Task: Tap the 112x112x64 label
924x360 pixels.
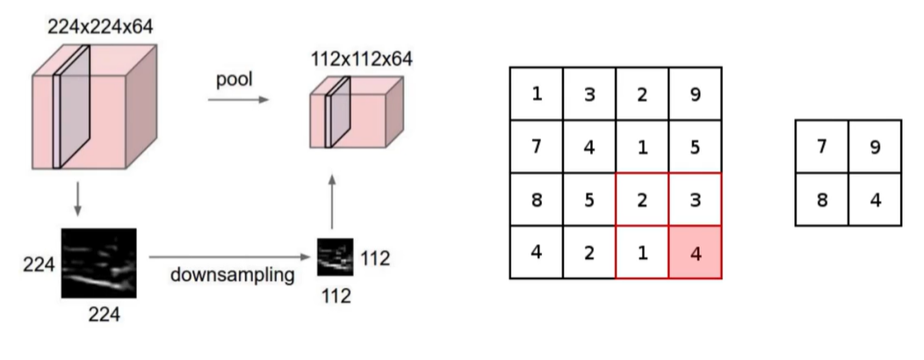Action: tap(360, 59)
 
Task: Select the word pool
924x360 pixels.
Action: tap(235, 80)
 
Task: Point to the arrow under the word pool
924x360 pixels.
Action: tap(238, 101)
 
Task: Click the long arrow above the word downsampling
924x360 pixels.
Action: tap(231, 257)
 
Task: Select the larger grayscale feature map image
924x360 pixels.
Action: tap(98, 263)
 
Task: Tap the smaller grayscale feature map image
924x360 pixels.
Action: tap(335, 258)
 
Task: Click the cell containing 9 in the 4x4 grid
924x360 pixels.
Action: tap(695, 93)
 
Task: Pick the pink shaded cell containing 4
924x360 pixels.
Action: tap(695, 251)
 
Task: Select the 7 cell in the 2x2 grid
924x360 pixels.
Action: tap(822, 147)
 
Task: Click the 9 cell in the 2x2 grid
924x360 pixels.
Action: tap(875, 147)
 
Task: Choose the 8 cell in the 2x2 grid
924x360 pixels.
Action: tap(822, 199)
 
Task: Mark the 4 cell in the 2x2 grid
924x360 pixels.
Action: tap(875, 199)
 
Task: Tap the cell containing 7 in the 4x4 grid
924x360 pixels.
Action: tap(537, 146)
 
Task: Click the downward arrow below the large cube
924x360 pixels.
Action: tap(78, 198)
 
